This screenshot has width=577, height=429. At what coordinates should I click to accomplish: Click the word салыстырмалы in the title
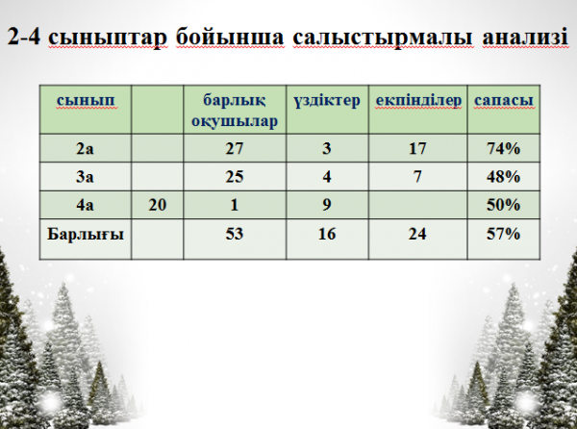pyautogui.click(x=383, y=38)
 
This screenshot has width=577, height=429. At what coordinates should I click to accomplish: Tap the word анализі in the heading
pyautogui.click(x=525, y=37)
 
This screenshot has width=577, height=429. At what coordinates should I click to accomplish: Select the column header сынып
pyautogui.click(x=86, y=100)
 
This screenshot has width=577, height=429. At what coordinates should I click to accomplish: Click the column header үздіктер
pyautogui.click(x=327, y=100)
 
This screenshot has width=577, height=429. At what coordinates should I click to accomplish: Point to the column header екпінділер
pyautogui.click(x=418, y=100)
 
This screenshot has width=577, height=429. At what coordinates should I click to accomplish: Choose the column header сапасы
pyautogui.click(x=503, y=100)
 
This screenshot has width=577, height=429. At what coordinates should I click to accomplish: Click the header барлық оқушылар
pyautogui.click(x=235, y=111)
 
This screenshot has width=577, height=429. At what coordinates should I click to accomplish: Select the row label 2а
pyautogui.click(x=85, y=149)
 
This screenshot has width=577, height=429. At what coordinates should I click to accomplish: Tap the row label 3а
pyautogui.click(x=85, y=177)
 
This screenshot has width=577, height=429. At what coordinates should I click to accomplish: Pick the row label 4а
pyautogui.click(x=85, y=205)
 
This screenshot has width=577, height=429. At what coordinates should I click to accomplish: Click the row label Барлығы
pyautogui.click(x=86, y=235)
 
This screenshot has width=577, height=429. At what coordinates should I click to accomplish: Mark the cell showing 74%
pyautogui.click(x=503, y=149)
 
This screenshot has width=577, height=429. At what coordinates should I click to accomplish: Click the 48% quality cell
pyautogui.click(x=503, y=177)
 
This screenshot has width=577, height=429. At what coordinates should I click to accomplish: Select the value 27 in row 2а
pyautogui.click(x=235, y=149)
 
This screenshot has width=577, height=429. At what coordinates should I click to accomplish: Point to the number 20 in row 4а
pyautogui.click(x=158, y=205)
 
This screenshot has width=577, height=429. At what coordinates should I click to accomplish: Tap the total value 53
pyautogui.click(x=235, y=234)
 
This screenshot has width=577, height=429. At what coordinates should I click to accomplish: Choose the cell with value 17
pyautogui.click(x=417, y=149)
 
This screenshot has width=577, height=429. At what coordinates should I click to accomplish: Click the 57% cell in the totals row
pyautogui.click(x=503, y=234)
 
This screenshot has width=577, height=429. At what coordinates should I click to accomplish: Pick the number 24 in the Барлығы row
pyautogui.click(x=417, y=234)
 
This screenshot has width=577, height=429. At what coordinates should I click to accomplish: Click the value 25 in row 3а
pyautogui.click(x=235, y=177)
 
